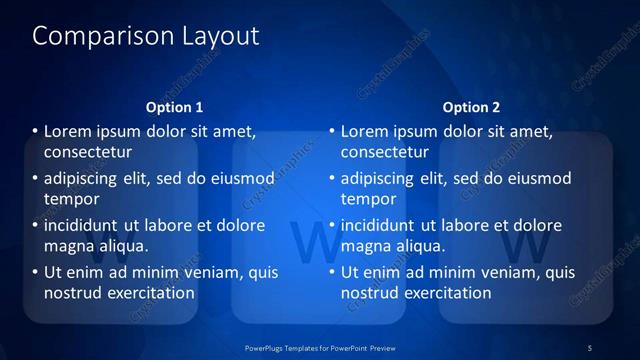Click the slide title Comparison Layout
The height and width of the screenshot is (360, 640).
click(146, 37)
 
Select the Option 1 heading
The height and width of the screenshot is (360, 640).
click(174, 107)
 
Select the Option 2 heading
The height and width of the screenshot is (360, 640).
click(472, 107)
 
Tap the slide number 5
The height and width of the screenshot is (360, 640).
click(590, 347)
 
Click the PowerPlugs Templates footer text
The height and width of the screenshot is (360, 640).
click(320, 347)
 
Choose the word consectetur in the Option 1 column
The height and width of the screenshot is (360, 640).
click(88, 152)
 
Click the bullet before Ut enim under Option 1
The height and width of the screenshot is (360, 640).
click(35, 273)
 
